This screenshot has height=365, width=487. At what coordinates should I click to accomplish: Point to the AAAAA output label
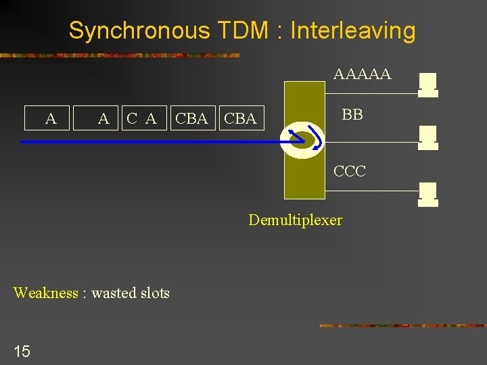pos(362,74)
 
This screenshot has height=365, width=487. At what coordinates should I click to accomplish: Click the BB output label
pos(352,115)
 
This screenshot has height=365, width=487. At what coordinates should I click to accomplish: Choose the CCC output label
pos(350,172)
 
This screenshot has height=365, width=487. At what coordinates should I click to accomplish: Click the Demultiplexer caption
pos(295,220)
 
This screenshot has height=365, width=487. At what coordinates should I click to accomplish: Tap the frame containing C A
pos(142,119)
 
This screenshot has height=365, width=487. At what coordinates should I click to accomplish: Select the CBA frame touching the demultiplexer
pos(240,119)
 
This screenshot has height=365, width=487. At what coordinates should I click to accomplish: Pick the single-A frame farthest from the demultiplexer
pos(51,119)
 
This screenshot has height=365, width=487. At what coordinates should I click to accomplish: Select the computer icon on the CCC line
pos(427,193)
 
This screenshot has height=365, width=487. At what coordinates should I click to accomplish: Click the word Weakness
pos(45,293)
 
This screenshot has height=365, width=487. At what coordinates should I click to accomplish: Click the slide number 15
pos(22,351)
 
